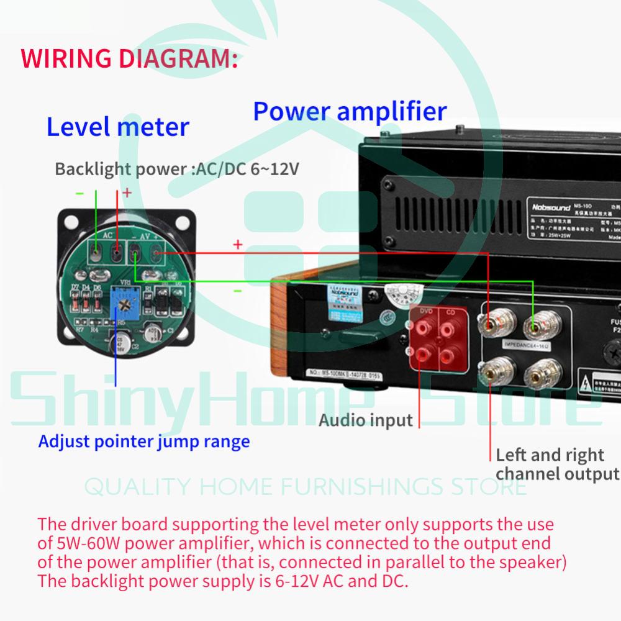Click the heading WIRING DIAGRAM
pos(129,60)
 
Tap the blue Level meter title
pos(118,127)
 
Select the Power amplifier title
pos(350,111)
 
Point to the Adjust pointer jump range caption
pos(143,442)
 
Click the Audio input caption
pos(365,420)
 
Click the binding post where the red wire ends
pos(488,324)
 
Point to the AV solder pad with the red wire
pos(156,252)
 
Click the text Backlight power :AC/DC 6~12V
pos(176,169)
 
